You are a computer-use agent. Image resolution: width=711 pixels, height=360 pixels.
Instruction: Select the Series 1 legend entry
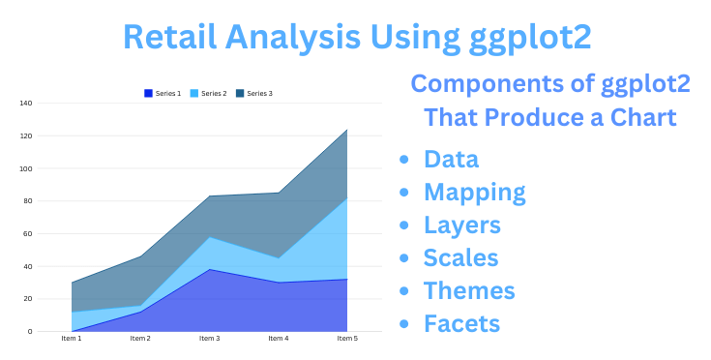[x=165, y=93]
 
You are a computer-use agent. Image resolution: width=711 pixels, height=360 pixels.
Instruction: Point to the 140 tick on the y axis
[x=25, y=103]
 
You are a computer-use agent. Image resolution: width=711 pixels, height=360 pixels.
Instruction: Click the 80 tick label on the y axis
[x=27, y=201]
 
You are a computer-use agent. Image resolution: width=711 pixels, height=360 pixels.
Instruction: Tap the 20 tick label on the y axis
[x=27, y=299]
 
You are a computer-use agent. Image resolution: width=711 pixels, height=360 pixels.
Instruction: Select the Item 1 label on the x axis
[x=72, y=338]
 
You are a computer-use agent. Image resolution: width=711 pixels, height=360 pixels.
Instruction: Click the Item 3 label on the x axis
[x=209, y=338]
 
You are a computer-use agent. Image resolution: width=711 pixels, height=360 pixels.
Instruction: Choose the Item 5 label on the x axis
[x=346, y=338]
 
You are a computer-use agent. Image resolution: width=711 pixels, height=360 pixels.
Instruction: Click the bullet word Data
[x=451, y=160]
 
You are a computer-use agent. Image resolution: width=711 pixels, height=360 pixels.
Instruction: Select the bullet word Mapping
[x=475, y=193]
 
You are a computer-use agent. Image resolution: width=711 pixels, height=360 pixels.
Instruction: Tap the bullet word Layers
[x=462, y=225]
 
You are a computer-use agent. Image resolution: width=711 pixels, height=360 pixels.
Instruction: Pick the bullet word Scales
[x=461, y=258]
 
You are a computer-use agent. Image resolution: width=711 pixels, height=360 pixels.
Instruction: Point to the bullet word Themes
[x=469, y=290]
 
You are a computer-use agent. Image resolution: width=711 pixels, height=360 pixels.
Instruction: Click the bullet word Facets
[x=463, y=323]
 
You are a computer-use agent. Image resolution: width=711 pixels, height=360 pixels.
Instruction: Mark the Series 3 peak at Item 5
[x=346, y=130]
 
